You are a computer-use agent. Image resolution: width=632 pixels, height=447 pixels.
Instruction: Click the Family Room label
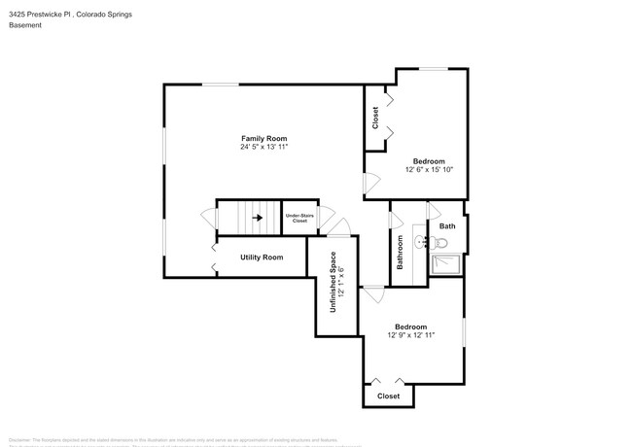[263, 138]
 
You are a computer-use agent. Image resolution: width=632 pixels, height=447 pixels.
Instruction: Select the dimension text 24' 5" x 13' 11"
[263, 148]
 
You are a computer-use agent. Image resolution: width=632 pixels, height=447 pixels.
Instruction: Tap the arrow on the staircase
[258, 218]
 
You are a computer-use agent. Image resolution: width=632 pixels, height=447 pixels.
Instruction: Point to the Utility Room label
[262, 257]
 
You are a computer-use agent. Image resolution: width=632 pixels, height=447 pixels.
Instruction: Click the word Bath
[447, 226]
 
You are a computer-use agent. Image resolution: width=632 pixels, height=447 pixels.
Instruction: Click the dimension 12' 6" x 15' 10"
[429, 170]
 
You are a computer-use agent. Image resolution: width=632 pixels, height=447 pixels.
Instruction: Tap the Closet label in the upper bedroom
[375, 118]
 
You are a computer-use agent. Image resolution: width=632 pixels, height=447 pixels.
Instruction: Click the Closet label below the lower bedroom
[388, 395]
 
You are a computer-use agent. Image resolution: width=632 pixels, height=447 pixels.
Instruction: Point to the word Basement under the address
[25, 26]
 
